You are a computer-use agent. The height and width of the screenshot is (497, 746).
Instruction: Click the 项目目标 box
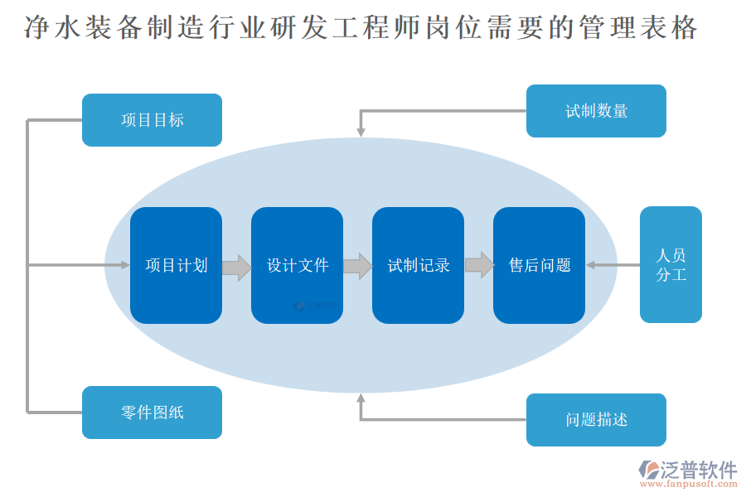152,120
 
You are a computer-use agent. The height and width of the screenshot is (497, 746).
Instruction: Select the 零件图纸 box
152,413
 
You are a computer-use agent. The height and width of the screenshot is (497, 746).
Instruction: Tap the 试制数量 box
596,111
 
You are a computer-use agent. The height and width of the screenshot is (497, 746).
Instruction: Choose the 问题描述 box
596,420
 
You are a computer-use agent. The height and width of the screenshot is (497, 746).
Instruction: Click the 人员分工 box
671,264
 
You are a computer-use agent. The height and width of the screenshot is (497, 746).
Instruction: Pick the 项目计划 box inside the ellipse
176,265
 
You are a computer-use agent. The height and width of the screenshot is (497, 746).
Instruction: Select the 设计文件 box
297,265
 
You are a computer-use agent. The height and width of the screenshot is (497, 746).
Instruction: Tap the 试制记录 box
418,265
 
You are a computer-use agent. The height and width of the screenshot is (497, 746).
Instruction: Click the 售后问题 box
539,265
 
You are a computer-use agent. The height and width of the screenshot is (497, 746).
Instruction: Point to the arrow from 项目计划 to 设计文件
237,267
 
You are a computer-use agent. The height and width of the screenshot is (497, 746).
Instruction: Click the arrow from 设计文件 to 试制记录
357,266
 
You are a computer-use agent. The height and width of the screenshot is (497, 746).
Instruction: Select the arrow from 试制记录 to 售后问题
479,265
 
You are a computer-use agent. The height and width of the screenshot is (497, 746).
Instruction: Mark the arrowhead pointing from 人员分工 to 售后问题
591,265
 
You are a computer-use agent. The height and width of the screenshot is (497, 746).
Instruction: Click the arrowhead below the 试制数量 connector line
361,131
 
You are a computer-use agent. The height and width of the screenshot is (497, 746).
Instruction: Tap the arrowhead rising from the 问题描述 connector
361,399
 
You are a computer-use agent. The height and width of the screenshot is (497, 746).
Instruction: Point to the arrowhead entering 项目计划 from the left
125,265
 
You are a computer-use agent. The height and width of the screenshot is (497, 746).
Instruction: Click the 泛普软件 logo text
698,470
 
